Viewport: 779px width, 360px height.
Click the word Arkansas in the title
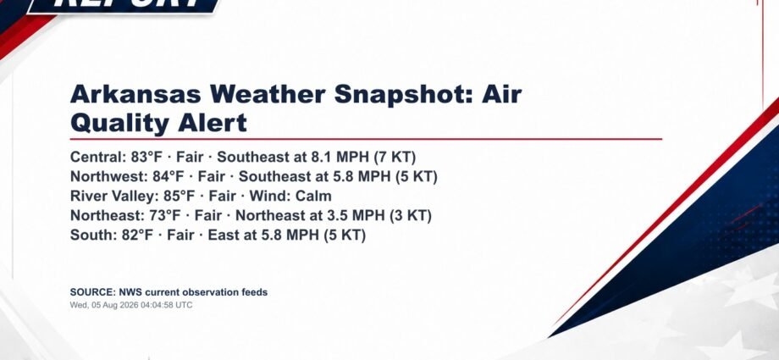point(135,94)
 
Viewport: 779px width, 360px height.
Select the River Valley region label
point(115,197)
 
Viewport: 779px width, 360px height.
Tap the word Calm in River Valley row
point(313,196)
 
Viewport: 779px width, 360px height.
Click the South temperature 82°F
point(138,235)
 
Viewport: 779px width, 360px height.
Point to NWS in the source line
point(130,292)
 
